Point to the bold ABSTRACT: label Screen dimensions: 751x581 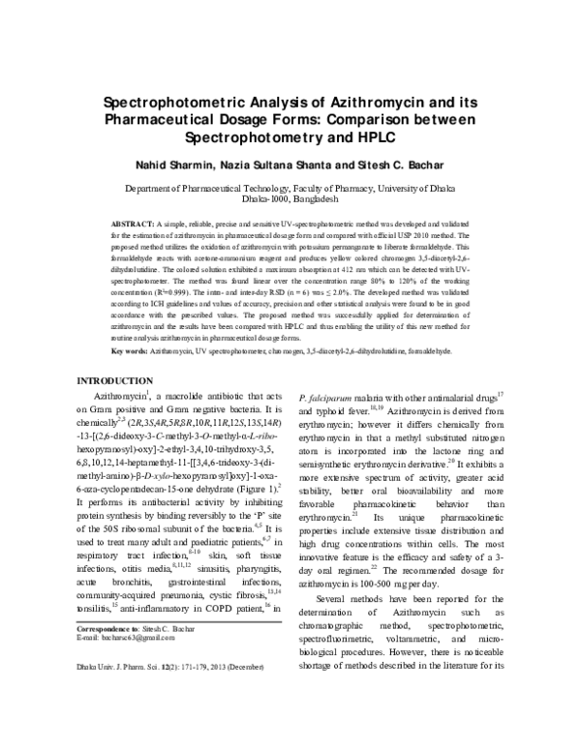click(x=132, y=223)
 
